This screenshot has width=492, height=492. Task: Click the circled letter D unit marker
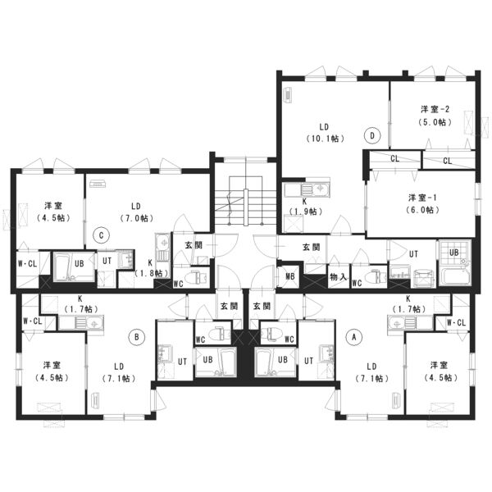372,135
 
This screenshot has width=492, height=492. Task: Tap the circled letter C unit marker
101,235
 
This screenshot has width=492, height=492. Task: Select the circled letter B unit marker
137,337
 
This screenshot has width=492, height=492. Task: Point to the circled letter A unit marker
354,337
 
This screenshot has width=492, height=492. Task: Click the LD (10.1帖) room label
325,132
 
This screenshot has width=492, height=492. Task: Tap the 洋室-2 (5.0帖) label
435,116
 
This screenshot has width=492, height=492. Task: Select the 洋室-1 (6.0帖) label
422,203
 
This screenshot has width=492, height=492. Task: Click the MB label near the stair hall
290,276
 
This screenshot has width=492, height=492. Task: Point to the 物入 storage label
338,277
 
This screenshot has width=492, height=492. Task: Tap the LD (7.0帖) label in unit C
136,212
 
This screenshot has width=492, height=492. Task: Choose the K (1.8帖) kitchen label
151,267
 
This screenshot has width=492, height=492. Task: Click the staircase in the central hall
245,201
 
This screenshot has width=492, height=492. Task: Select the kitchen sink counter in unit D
306,190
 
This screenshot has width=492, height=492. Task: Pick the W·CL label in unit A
457,322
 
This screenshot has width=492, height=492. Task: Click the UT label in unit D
413,254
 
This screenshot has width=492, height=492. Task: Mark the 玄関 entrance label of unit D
312,248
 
